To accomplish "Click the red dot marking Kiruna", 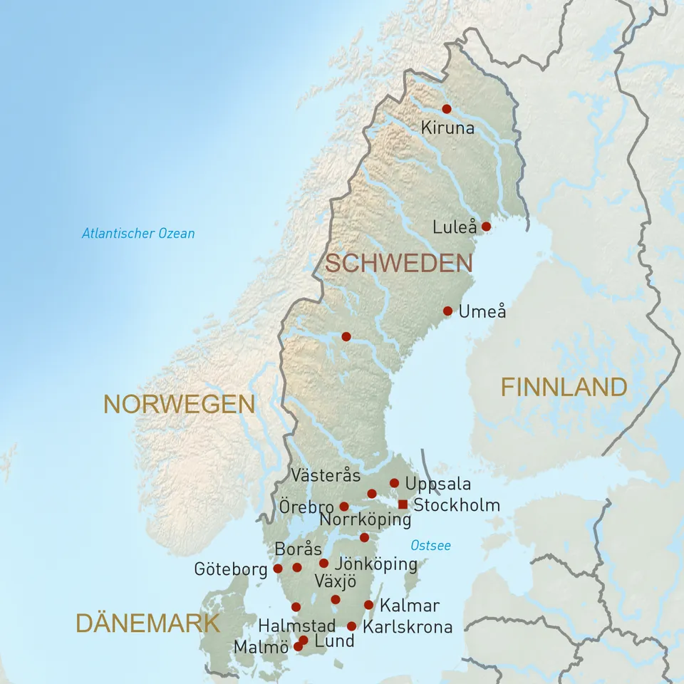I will tap(447, 109).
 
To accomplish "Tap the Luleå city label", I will tap(455, 227).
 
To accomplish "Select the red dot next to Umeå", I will tap(447, 311).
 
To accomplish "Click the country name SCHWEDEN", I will tap(399, 263).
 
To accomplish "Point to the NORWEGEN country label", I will tap(179, 404).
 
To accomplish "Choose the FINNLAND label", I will tap(564, 387).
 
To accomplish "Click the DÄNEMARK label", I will tap(147, 623).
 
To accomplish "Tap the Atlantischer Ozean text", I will tap(138, 233).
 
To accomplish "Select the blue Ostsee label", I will tap(430, 546).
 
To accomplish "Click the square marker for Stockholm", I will tap(403, 504).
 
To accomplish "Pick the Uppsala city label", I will tap(437, 484).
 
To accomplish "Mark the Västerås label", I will tap(326, 475).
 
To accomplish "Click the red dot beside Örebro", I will tap(344, 507).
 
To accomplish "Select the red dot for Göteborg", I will tap(278, 569).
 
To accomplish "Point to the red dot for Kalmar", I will tap(368, 605).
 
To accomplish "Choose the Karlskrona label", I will tap(408, 627).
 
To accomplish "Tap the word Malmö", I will tap(261, 647).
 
